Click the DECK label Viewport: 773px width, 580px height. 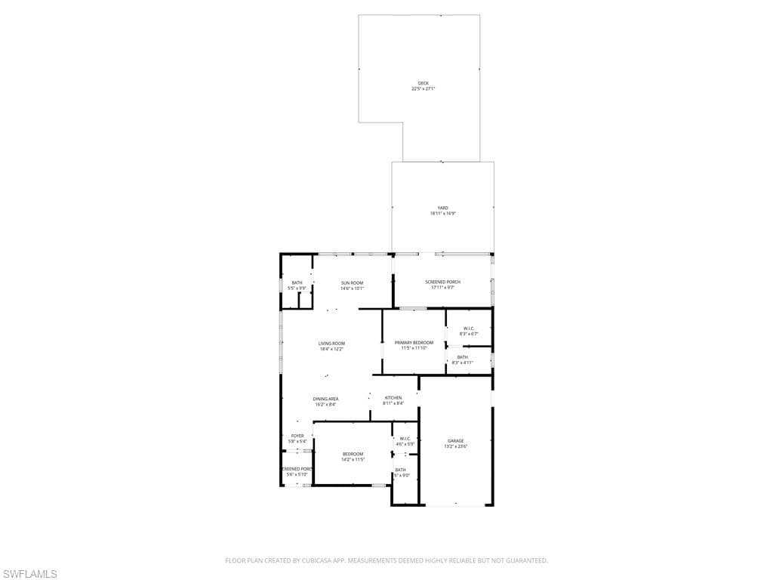[x=423, y=83]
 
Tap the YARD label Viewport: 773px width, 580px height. [x=442, y=208]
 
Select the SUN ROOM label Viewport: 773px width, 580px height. [x=352, y=282]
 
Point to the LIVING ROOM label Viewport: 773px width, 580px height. [x=331, y=343]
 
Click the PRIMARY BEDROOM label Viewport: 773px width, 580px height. [x=414, y=342]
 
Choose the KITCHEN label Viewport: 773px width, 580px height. [x=393, y=397]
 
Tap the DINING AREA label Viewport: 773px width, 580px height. [x=326, y=398]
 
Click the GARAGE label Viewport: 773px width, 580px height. [x=455, y=440]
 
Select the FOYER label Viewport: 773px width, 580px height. [x=297, y=435]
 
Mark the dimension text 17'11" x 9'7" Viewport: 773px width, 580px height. [x=442, y=288]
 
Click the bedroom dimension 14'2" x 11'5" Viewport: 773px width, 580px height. [x=353, y=459]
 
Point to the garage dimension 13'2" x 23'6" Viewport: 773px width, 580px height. [x=455, y=446]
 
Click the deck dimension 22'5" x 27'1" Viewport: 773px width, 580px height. [x=423, y=89]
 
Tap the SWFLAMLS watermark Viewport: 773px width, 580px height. [x=29, y=574]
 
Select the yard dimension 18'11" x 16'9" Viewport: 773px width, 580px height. [x=442, y=214]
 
